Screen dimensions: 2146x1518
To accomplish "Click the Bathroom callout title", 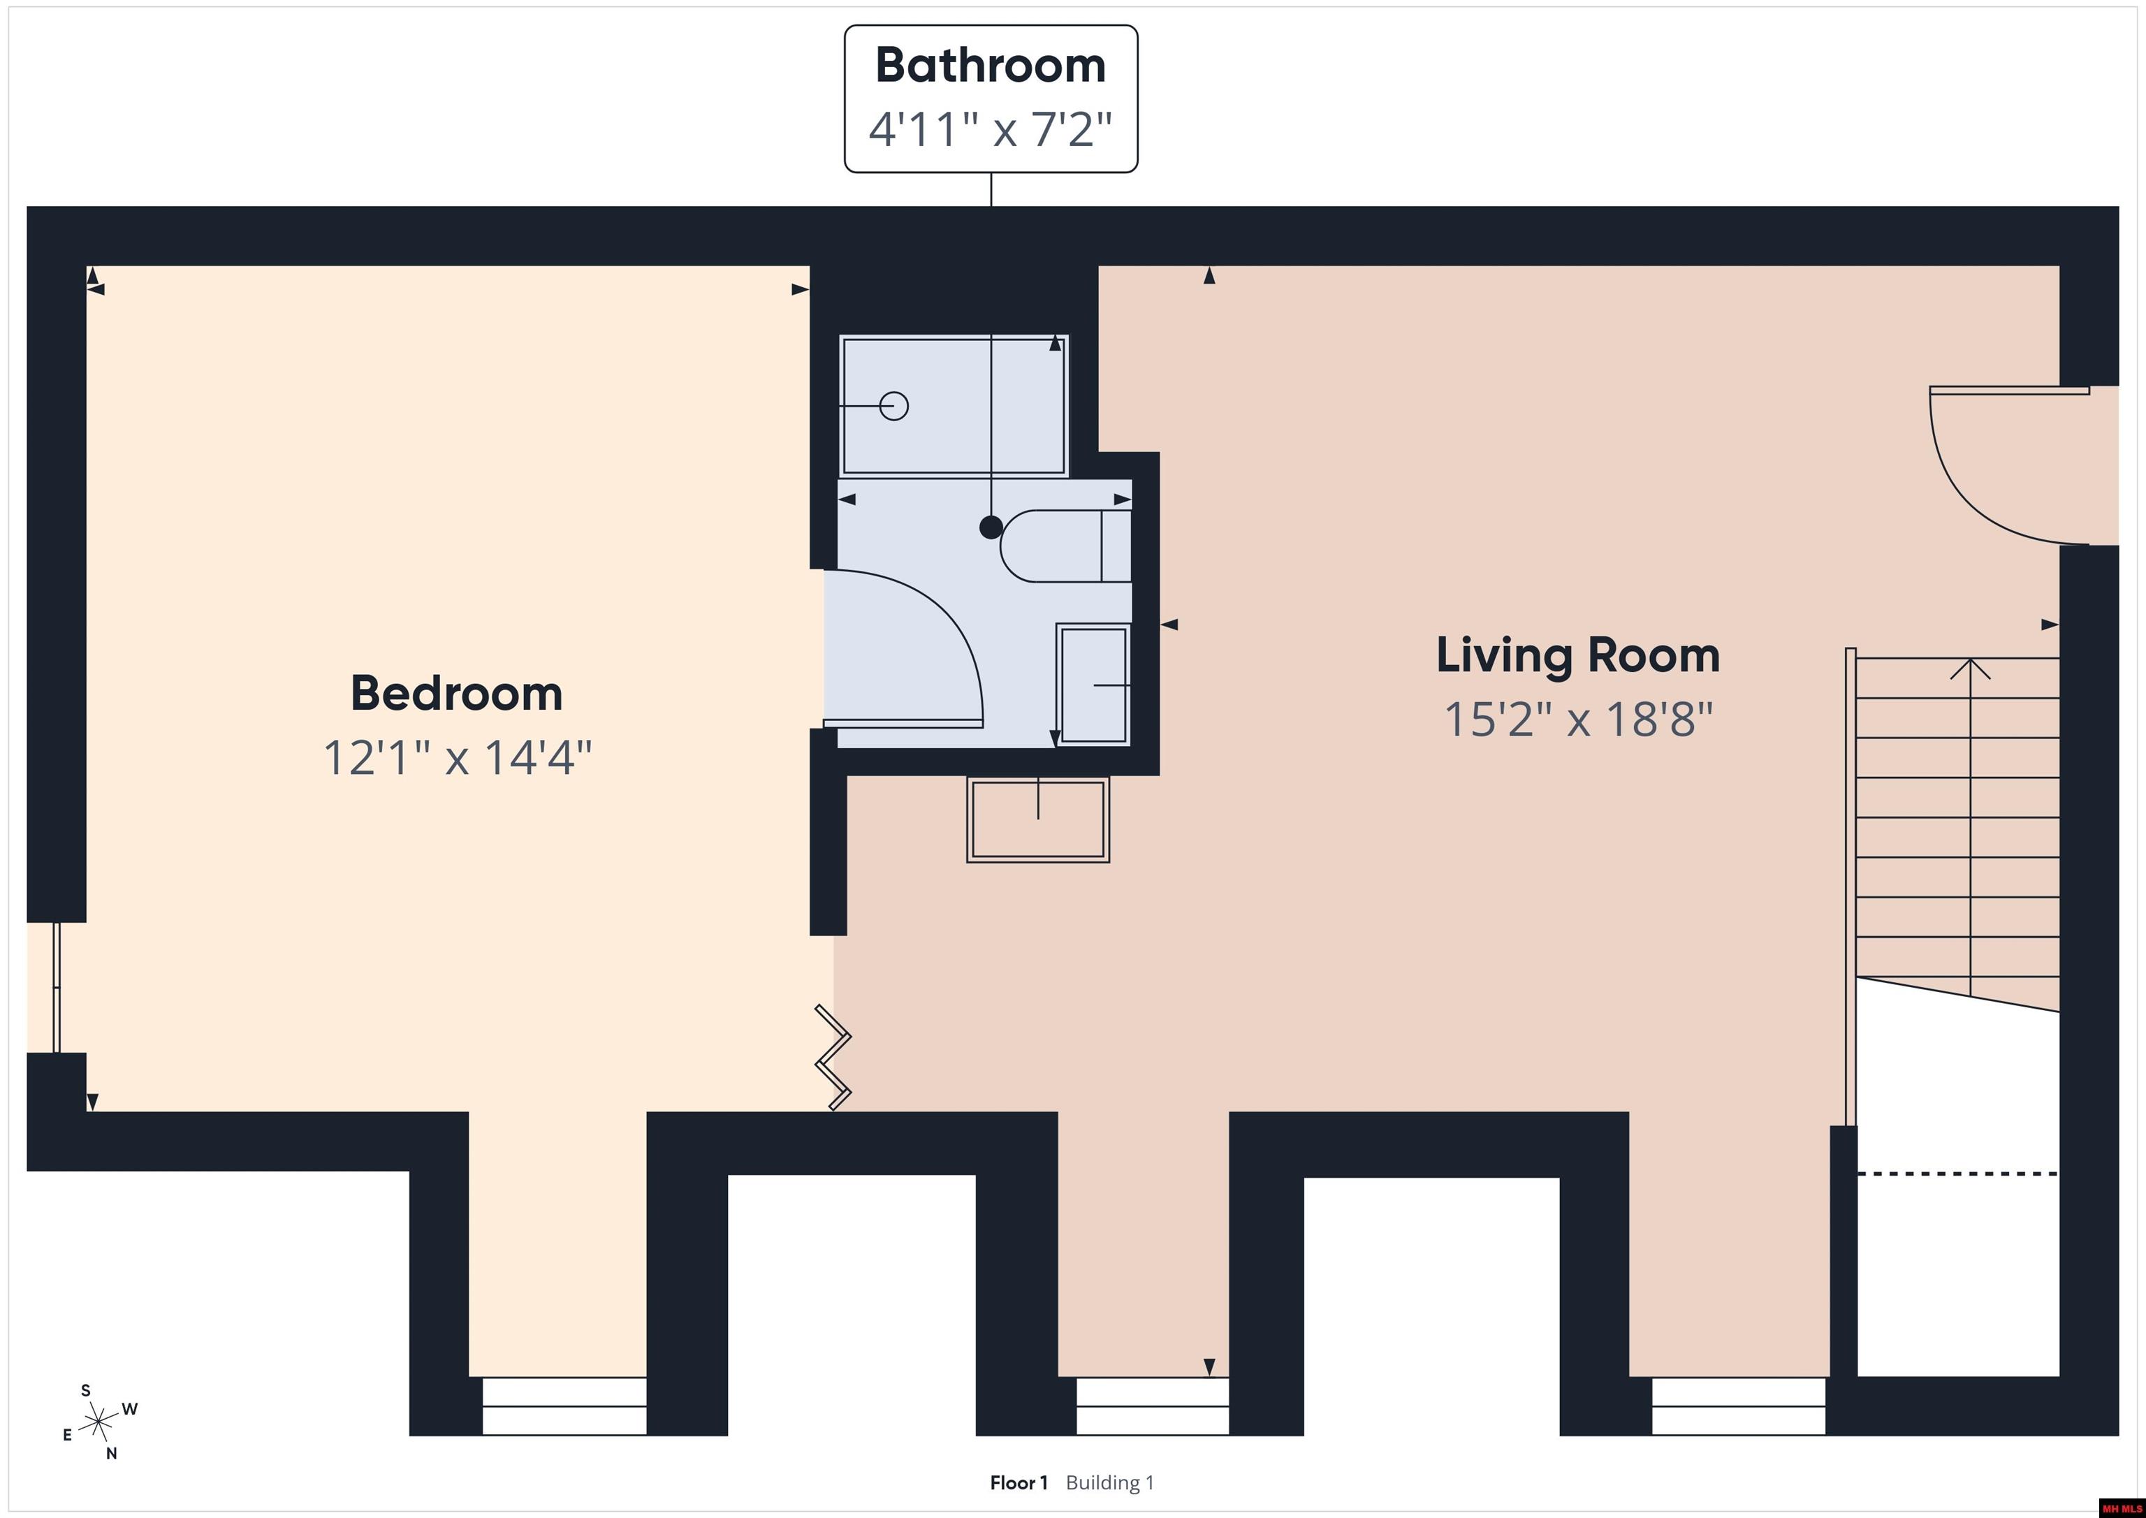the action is click(x=991, y=66).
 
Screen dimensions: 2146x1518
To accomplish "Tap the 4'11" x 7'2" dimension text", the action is click(x=991, y=129).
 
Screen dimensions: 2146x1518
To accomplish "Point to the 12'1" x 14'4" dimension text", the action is click(x=457, y=757).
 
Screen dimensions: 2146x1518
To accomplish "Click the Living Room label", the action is click(x=1578, y=655).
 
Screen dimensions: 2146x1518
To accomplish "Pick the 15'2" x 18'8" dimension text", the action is click(x=1578, y=720).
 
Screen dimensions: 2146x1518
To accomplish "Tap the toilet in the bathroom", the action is click(x=1065, y=546).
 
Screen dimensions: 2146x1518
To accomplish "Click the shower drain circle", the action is click(x=894, y=406).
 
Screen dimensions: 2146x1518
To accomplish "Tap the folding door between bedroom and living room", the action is click(x=833, y=1057).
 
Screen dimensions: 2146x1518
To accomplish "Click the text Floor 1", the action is click(x=1019, y=1482).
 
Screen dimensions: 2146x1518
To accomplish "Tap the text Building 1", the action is click(x=1111, y=1482).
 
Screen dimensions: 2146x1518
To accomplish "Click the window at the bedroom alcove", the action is click(x=564, y=1406).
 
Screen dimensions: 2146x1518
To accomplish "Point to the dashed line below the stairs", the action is click(x=1957, y=1173).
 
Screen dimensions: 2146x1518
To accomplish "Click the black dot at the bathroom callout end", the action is click(x=991, y=527).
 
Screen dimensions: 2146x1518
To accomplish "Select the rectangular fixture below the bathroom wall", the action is click(x=1037, y=819).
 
